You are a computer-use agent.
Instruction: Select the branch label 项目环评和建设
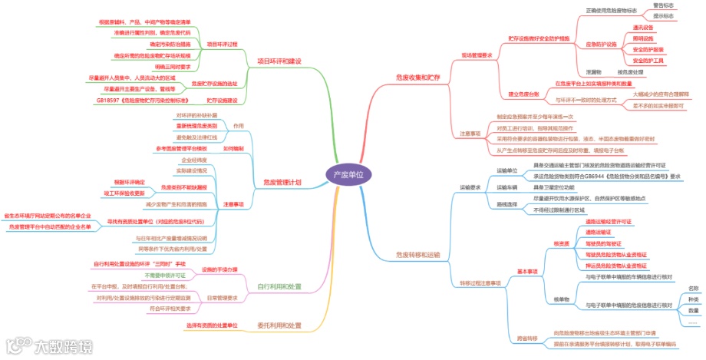pyautogui.click(x=279, y=61)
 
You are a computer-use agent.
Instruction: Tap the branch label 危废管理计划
pyautogui.click(x=282, y=182)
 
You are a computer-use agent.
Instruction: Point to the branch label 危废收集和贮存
pyautogui.click(x=418, y=78)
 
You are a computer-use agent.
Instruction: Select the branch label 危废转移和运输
pyautogui.click(x=418, y=253)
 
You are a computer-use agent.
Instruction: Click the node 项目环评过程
pyautogui.click(x=223, y=45)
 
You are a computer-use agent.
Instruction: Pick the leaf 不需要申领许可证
pyautogui.click(x=165, y=275)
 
